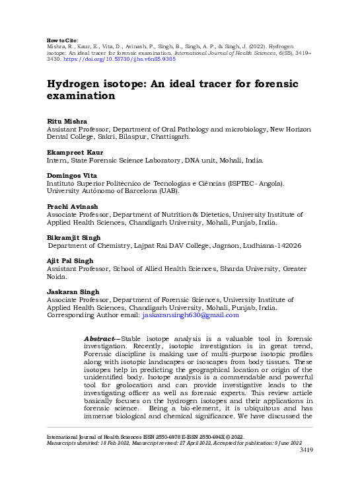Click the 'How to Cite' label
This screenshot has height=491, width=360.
[x=63, y=40]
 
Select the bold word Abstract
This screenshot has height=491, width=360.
[x=98, y=338]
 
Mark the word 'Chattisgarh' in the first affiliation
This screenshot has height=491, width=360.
[x=168, y=137]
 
